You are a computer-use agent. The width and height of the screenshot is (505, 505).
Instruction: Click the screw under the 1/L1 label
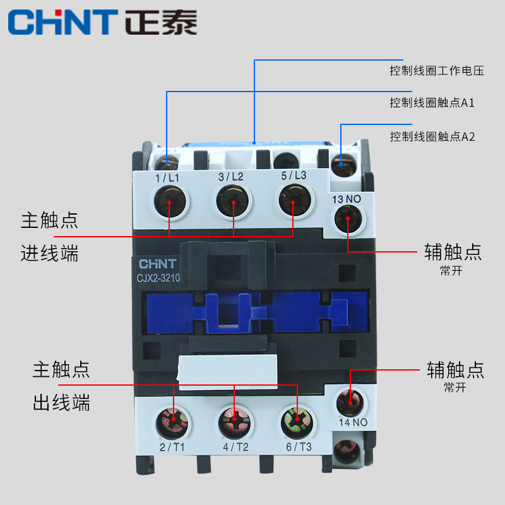[169, 203]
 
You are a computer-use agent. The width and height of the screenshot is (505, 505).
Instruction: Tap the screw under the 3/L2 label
[232, 203]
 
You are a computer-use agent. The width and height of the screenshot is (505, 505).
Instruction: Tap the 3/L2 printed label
[231, 177]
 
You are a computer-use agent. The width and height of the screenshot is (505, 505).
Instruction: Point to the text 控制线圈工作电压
[436, 71]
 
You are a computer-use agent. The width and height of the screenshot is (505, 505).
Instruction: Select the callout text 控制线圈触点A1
[432, 103]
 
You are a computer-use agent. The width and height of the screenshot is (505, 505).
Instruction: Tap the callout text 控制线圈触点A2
[432, 136]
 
